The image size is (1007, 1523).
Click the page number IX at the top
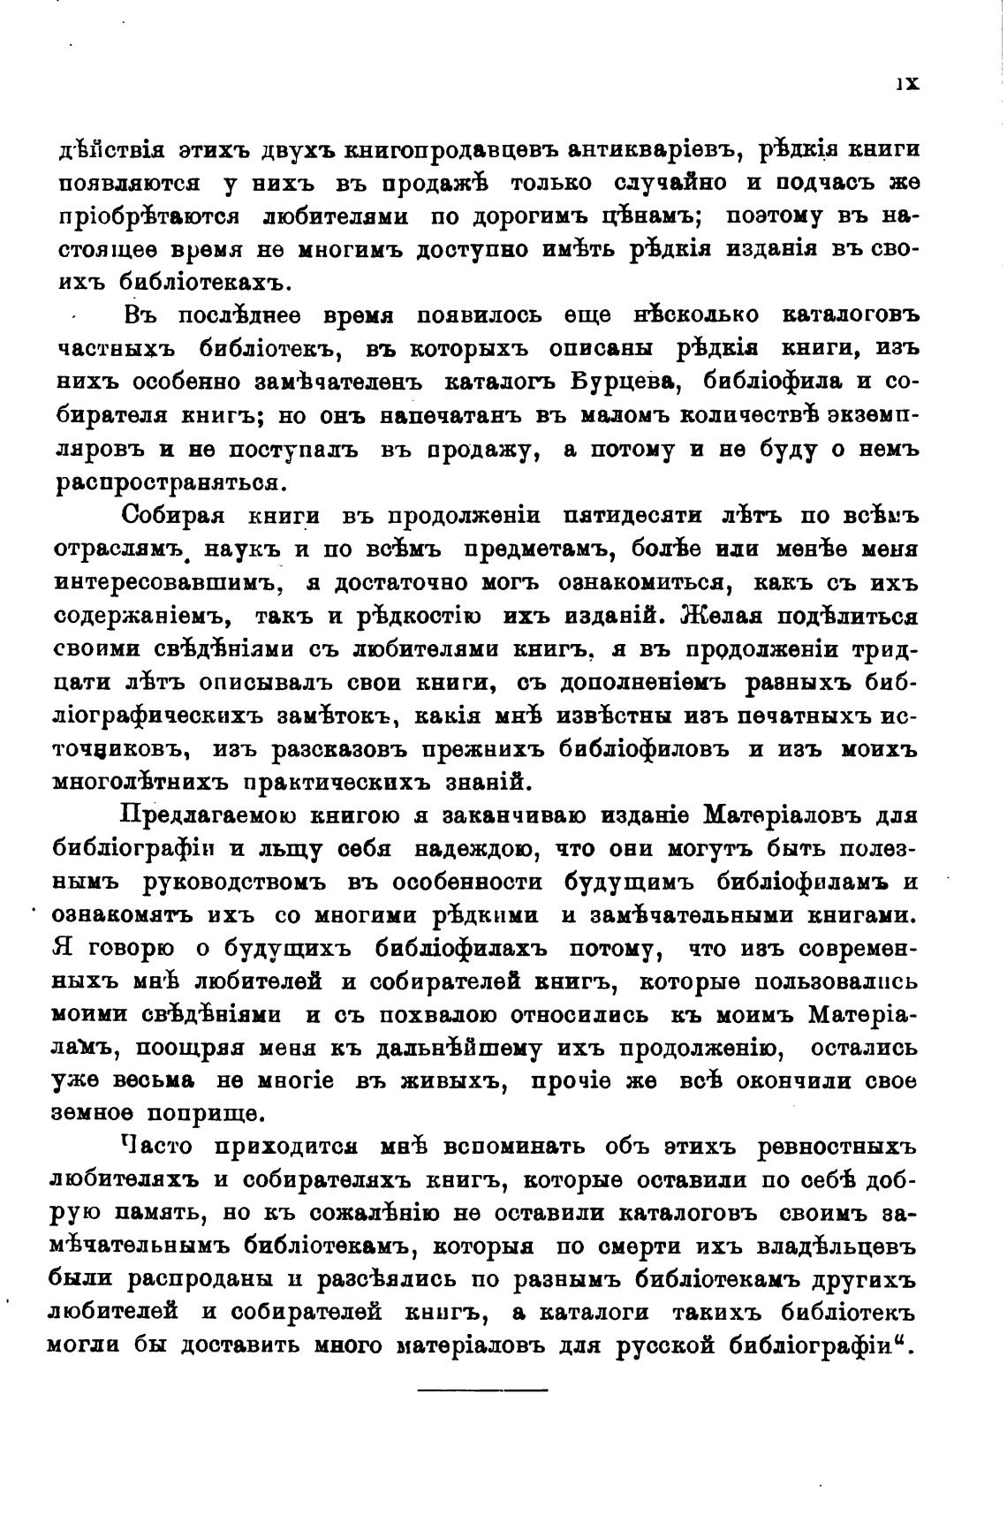tap(907, 83)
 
